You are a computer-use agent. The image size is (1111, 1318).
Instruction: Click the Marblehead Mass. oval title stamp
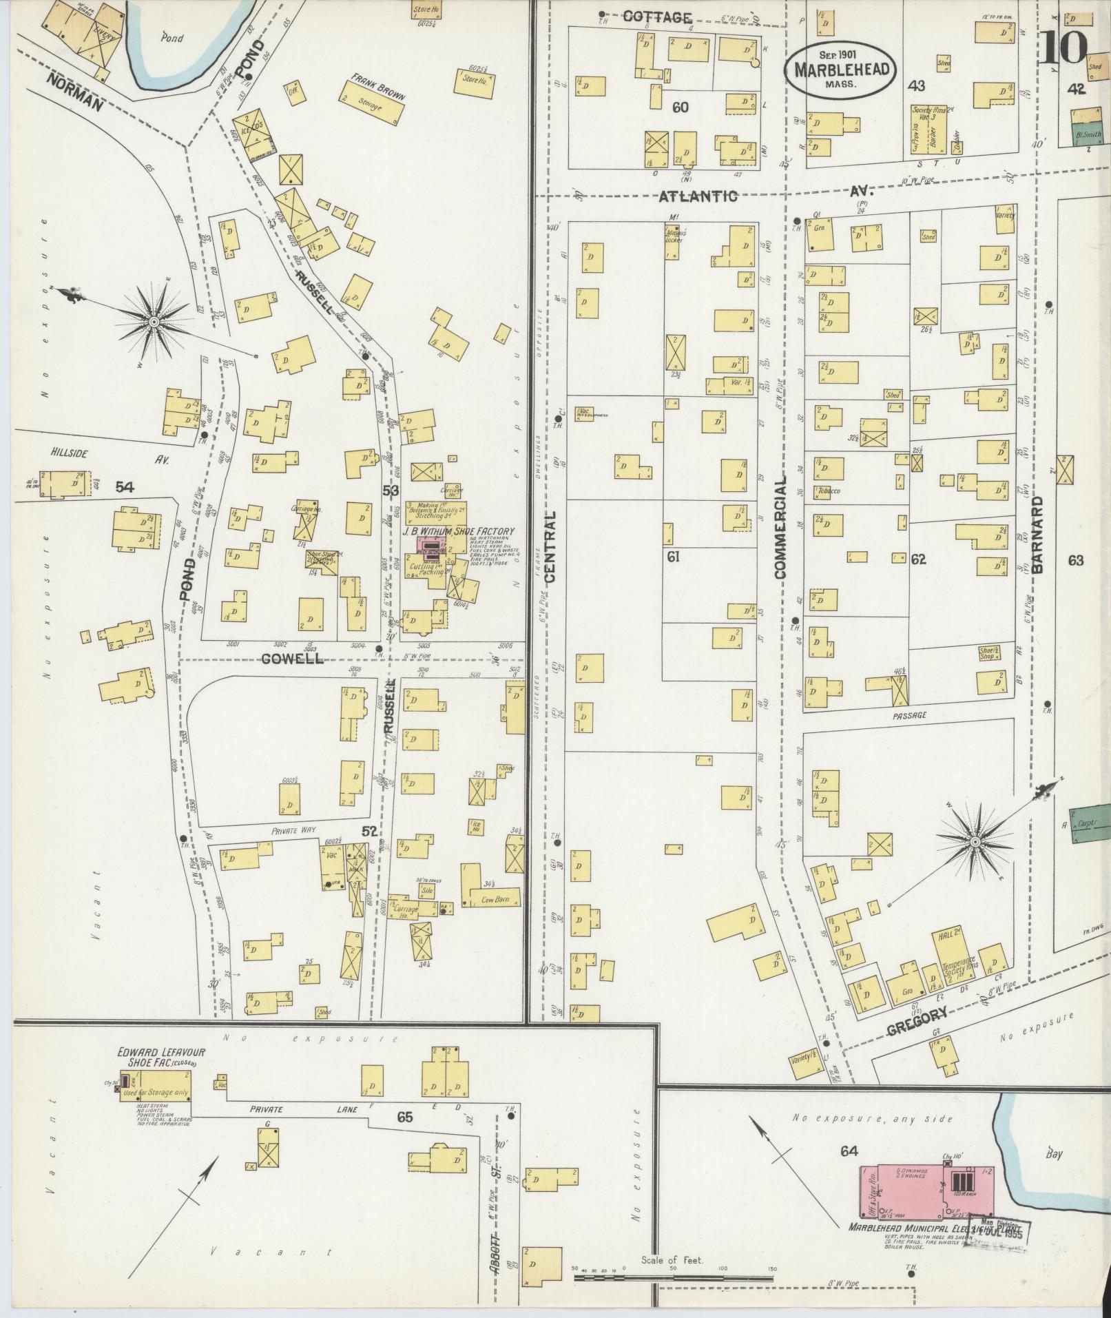[842, 68]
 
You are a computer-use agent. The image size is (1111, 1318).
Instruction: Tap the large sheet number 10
[1064, 47]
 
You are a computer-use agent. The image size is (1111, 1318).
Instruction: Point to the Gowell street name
[293, 659]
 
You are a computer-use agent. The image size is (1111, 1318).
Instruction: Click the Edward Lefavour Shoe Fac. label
[161, 1057]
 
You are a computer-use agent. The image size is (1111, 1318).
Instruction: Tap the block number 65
[404, 1118]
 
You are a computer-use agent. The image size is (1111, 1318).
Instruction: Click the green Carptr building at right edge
[1090, 822]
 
